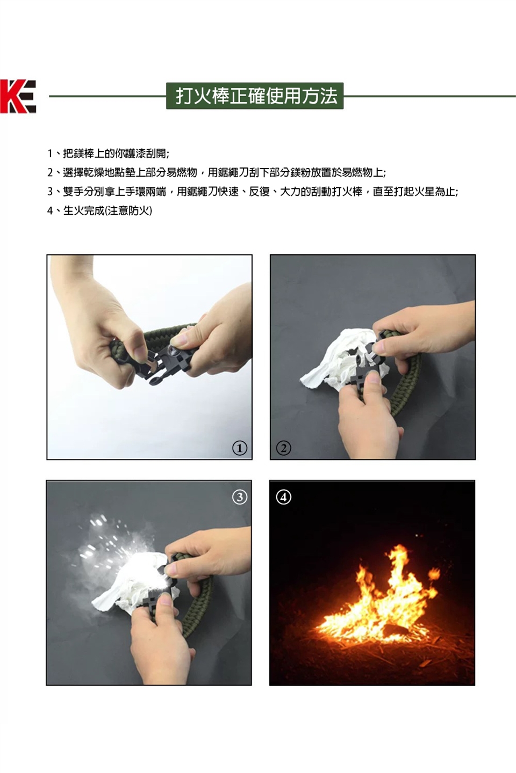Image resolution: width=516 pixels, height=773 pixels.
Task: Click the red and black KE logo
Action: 18,96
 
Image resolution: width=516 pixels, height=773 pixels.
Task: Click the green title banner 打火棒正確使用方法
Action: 255,96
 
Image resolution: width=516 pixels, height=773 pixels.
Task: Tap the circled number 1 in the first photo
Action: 240,448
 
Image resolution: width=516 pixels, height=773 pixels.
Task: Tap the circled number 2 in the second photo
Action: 283,448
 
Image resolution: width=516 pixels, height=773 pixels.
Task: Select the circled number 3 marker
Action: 240,497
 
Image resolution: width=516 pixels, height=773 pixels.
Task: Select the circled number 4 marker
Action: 283,497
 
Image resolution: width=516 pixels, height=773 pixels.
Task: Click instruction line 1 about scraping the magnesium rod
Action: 108,153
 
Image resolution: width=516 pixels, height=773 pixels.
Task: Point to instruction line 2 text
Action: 217,172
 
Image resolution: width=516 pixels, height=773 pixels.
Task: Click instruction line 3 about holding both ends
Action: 253,191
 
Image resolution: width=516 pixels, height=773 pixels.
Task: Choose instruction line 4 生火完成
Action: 99,210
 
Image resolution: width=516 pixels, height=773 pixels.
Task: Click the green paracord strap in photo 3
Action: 198,601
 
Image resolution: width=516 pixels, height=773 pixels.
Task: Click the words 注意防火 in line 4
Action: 128,210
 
